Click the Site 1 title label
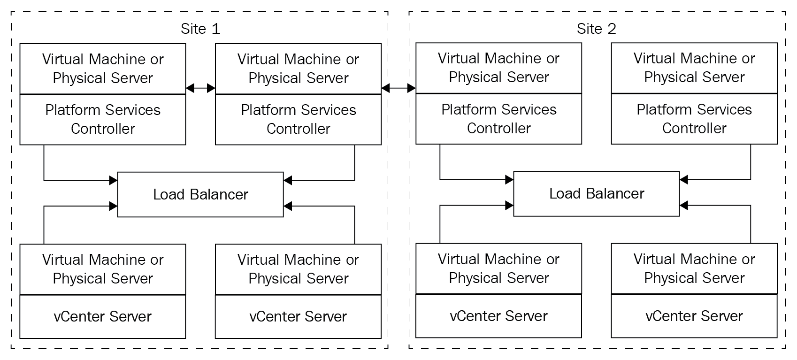click(200, 29)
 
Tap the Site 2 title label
click(596, 29)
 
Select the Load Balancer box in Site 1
click(200, 195)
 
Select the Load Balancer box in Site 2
click(596, 194)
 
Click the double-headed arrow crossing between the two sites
click(398, 88)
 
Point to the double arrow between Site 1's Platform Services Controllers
click(200, 88)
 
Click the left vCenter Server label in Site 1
click(102, 316)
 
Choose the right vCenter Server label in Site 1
click(298, 316)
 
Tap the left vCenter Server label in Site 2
click(498, 316)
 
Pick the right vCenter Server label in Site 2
click(694, 316)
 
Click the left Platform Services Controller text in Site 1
click(103, 119)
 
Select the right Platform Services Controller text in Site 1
click(299, 119)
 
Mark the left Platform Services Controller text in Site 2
click(499, 119)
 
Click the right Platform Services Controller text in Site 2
click(694, 119)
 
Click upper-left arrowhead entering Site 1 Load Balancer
click(113, 180)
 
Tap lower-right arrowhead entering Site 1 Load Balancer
click(288, 206)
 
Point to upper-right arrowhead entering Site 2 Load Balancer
click(684, 180)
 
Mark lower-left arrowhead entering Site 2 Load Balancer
click(509, 205)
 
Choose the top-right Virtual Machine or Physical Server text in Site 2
click(694, 68)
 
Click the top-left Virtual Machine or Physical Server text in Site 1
click(103, 69)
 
